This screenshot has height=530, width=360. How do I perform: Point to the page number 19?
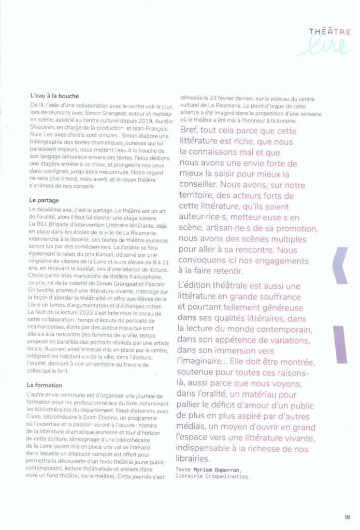coord(347,516)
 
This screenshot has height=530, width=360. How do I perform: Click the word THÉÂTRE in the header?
coord(330,32)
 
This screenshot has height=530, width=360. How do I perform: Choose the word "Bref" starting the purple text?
coord(190,129)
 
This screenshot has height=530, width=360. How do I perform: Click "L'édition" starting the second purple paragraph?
coord(198,285)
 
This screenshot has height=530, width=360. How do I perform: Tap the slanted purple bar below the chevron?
coord(340,344)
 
